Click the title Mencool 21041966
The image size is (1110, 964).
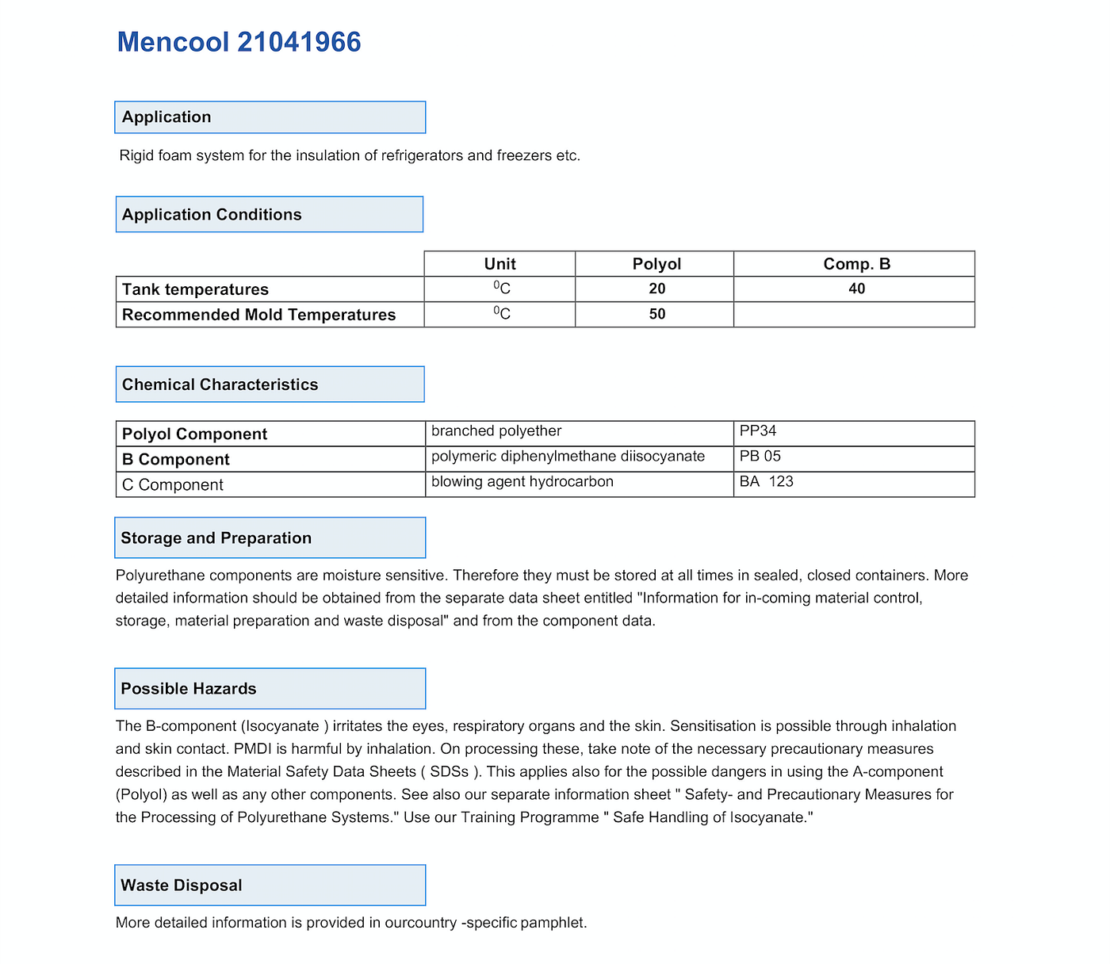pos(239,42)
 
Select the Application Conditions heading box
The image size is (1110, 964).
pos(270,215)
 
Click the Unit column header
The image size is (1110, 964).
pos(499,264)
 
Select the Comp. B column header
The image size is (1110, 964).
pos(856,264)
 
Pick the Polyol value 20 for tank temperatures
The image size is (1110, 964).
pos(656,289)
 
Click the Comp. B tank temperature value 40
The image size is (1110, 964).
pos(856,289)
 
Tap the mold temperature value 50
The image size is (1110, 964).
pos(656,315)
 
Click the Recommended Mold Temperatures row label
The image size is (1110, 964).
pos(258,315)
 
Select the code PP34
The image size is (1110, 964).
pos(758,431)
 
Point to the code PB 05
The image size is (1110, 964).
pos(760,457)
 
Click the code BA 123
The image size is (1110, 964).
pos(766,482)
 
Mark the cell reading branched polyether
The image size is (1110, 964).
pos(496,431)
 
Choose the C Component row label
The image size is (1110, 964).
pos(173,485)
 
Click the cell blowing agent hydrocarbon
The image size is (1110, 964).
pos(522,482)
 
